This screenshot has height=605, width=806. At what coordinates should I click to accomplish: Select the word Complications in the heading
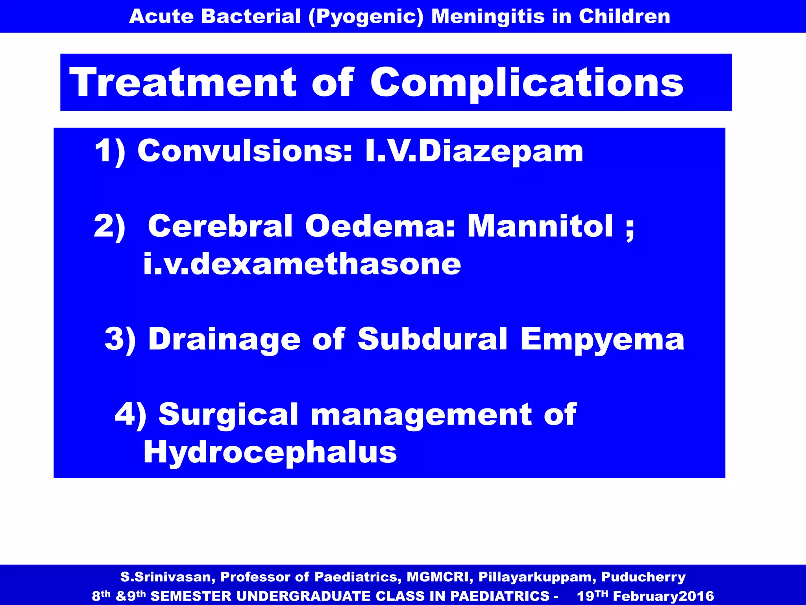tap(527, 83)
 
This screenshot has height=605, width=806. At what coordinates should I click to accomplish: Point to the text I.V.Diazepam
tap(474, 151)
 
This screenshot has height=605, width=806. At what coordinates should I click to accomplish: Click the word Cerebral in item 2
tap(220, 226)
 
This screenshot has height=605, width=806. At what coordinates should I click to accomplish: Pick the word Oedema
tap(380, 226)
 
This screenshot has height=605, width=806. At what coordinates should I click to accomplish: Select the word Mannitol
tap(540, 226)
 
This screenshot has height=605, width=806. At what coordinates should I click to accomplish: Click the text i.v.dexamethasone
tap(302, 264)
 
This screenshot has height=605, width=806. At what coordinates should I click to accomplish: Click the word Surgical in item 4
tap(228, 414)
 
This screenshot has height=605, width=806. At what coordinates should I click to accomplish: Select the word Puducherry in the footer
tap(643, 577)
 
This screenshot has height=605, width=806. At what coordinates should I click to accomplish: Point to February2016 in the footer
tap(664, 596)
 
